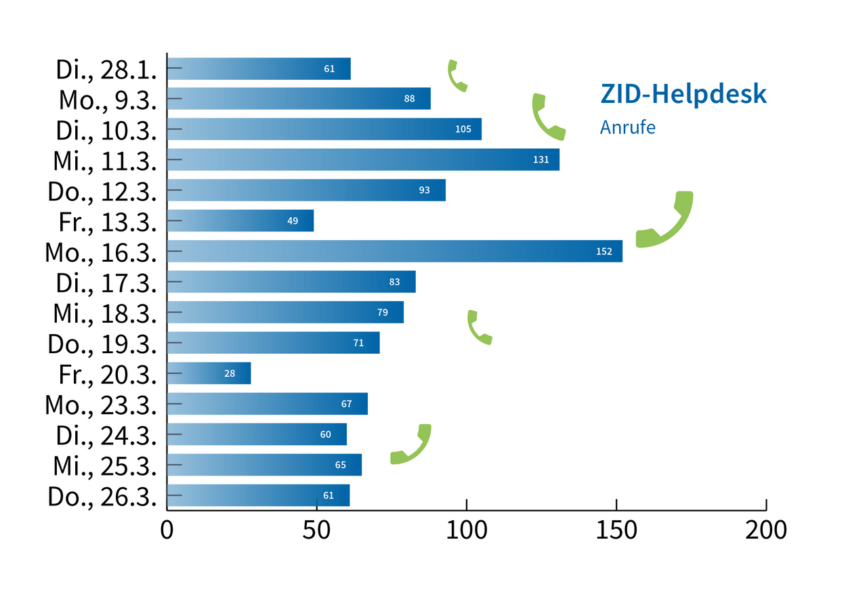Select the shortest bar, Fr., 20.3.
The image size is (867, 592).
click(209, 373)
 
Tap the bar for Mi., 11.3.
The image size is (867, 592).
click(362, 160)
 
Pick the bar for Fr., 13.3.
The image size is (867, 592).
click(240, 221)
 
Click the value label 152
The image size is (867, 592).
click(604, 252)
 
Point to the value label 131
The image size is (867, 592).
click(541, 160)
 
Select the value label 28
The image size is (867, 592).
click(230, 373)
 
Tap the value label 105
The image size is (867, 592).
click(463, 129)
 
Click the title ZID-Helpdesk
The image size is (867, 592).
click(683, 95)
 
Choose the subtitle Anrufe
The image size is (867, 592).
click(628, 127)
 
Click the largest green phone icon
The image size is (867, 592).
click(666, 220)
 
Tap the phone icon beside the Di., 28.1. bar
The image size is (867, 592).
click(457, 75)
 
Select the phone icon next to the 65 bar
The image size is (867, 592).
click(411, 445)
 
